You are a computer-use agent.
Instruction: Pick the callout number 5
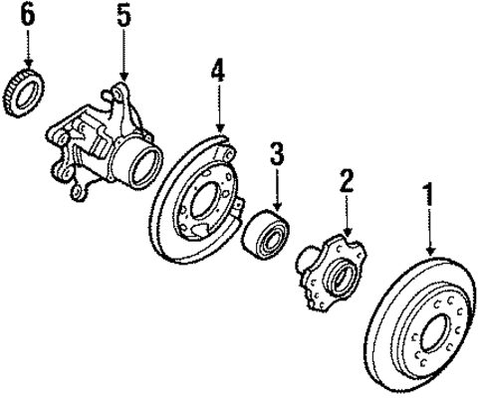122,17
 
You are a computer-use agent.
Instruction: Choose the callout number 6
27,15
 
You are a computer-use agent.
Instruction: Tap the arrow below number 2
346,216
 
